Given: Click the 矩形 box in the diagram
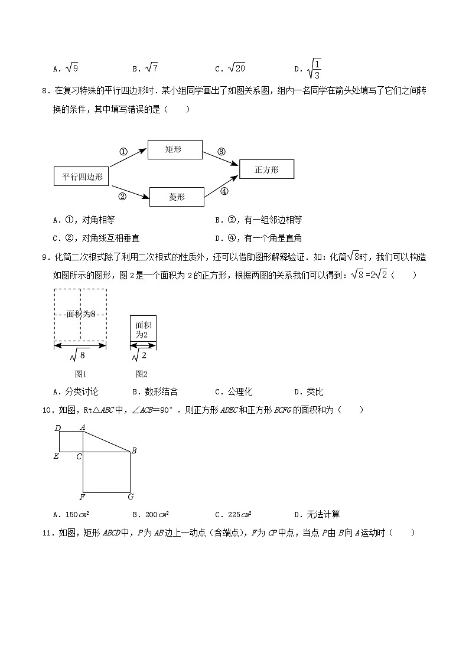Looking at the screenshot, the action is click(x=174, y=150).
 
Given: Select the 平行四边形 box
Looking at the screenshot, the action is click(x=82, y=177).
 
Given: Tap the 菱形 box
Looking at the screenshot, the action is click(x=177, y=197).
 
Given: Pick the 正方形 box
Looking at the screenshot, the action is click(x=266, y=169).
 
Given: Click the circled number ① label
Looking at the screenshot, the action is click(x=123, y=152).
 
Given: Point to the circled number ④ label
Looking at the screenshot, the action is click(x=224, y=191).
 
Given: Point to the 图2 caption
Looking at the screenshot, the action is click(x=141, y=374).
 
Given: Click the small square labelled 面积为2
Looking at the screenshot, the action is click(x=143, y=329).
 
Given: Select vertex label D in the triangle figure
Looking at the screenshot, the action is click(x=57, y=428).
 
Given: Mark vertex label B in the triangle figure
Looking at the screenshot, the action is click(x=134, y=452).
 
